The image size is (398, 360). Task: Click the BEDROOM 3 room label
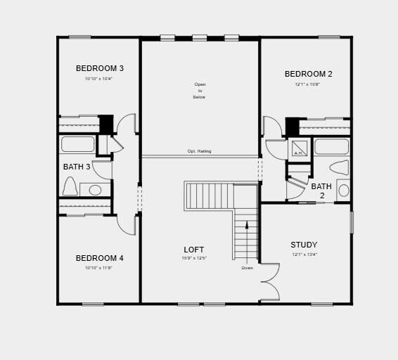100,68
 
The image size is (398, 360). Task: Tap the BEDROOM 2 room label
309,74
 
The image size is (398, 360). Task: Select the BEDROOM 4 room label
100,258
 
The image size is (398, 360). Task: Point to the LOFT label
194,250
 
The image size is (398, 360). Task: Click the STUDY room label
304,245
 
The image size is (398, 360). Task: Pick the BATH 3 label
77,167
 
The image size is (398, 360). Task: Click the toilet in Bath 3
70,186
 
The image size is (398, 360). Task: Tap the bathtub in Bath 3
77,144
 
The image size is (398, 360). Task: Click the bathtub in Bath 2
331,146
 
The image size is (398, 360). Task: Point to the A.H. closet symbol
297,149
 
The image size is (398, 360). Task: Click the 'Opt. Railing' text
199,151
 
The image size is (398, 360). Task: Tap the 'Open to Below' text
200,91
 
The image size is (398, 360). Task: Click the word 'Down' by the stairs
248,268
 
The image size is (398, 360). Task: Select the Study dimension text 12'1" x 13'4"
304,255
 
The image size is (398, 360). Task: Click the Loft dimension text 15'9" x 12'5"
194,259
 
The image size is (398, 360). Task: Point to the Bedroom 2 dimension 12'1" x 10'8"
307,84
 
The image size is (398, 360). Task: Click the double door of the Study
269,281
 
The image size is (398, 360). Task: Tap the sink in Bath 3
95,189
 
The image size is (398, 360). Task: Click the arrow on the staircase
247,225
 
